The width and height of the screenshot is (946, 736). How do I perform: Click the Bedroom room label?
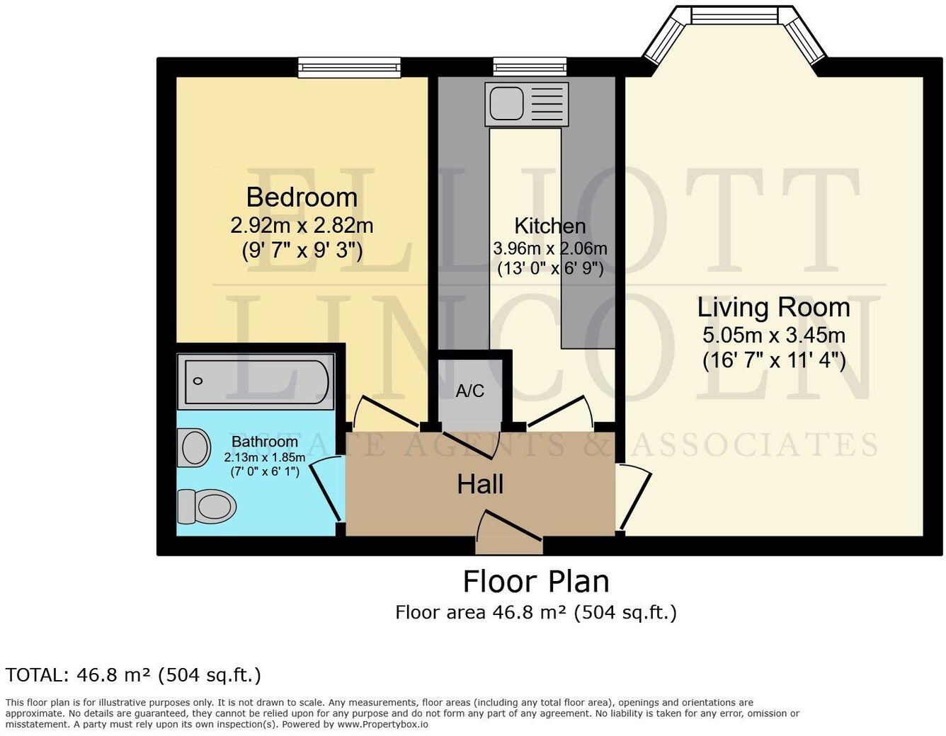pyautogui.click(x=302, y=197)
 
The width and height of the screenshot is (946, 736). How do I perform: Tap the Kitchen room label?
pyautogui.click(x=549, y=226)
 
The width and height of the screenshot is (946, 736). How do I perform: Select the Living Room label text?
pyautogui.click(x=773, y=307)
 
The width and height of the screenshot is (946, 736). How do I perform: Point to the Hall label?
pyautogui.click(x=480, y=485)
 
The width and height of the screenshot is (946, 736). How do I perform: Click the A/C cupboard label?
pyautogui.click(x=469, y=391)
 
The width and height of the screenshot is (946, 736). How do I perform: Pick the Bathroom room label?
pyautogui.click(x=265, y=442)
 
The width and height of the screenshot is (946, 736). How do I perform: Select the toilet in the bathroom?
pyautogui.click(x=206, y=506)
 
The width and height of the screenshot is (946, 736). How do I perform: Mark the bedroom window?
pyautogui.click(x=349, y=67)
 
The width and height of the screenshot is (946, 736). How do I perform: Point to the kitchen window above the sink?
pyautogui.click(x=530, y=67)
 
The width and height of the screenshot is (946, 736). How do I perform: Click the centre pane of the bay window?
pyautogui.click(x=734, y=15)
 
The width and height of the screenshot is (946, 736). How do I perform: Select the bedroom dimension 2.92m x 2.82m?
pyautogui.click(x=302, y=226)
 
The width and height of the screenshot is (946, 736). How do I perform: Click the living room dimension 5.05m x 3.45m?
pyautogui.click(x=773, y=335)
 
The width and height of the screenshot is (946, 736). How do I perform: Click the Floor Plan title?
pyautogui.click(x=536, y=582)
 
